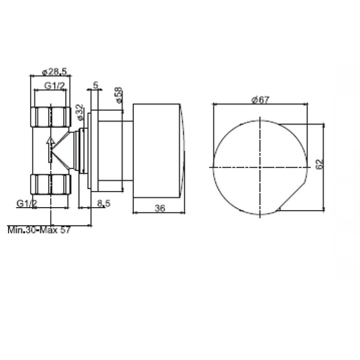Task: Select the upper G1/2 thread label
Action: [53, 85]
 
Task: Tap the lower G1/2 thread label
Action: [26, 204]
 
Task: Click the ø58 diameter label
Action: [118, 95]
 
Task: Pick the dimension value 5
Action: [96, 84]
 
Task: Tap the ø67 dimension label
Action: [261, 100]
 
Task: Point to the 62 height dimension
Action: [319, 164]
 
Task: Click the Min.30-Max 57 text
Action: [39, 230]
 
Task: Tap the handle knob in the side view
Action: [157, 150]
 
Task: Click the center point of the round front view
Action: [261, 167]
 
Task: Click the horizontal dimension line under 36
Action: [159, 212]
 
